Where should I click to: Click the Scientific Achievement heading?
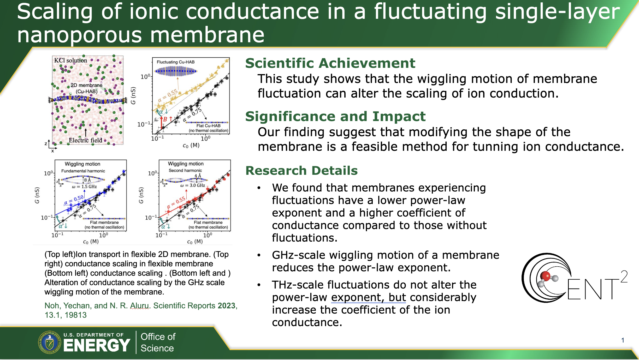coord(330,63)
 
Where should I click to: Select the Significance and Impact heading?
coord(335,117)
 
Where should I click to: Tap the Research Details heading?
coord(301,171)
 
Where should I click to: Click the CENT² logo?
coord(574,278)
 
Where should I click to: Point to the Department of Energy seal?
coord(50,342)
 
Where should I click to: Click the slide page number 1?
coord(623,340)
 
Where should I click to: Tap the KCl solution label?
coord(70,60)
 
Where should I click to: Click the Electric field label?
coord(85,140)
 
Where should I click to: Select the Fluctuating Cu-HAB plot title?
coord(175,62)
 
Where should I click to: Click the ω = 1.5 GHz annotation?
coord(84,187)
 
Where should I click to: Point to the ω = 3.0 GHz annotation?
coord(193,185)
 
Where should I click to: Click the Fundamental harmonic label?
coord(83,171)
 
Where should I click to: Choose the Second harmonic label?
coord(185,170)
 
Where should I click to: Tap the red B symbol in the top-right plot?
coord(165,119)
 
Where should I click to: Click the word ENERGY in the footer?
coord(97,345)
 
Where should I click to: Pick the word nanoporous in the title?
coord(79,35)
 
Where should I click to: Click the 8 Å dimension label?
coord(87,180)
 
